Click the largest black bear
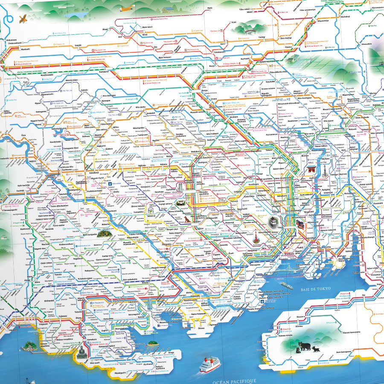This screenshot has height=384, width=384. [x=304, y=346]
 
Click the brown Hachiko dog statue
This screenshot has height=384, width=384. [x=186, y=220]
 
